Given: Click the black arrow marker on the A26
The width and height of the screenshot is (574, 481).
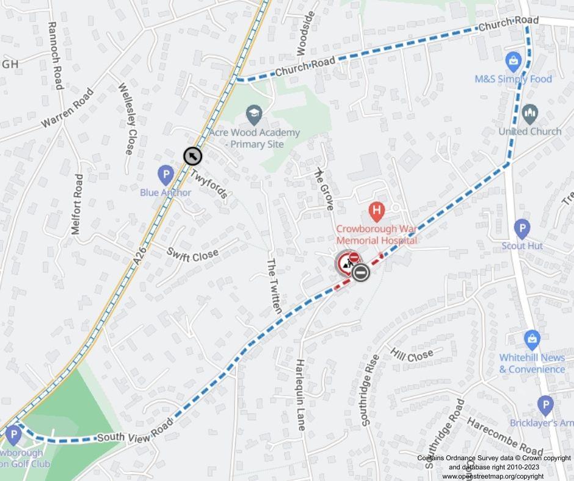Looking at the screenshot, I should click(x=193, y=156).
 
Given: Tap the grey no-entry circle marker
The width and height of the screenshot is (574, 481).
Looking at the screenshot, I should click(x=360, y=272).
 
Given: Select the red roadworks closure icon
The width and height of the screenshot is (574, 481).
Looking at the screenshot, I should click(x=347, y=264).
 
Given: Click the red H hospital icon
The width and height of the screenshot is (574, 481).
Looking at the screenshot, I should click(x=377, y=212).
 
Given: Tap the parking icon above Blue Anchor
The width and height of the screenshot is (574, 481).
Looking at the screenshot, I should click(x=165, y=176).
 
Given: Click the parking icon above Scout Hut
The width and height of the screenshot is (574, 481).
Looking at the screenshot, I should click(x=521, y=229).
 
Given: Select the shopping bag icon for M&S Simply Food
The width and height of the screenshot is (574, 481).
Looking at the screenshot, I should click(x=513, y=62).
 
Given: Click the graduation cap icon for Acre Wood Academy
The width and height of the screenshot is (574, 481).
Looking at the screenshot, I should click(x=253, y=114).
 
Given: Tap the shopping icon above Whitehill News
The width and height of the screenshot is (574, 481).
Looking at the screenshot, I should click(x=532, y=339).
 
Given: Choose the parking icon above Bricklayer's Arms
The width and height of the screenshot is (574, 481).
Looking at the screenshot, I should click(x=545, y=405).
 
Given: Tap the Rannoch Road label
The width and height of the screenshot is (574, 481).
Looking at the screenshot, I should click(x=54, y=56).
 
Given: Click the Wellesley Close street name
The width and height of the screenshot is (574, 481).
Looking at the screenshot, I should click(x=127, y=118).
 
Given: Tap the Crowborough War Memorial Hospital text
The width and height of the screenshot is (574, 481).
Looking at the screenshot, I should click(x=376, y=234).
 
